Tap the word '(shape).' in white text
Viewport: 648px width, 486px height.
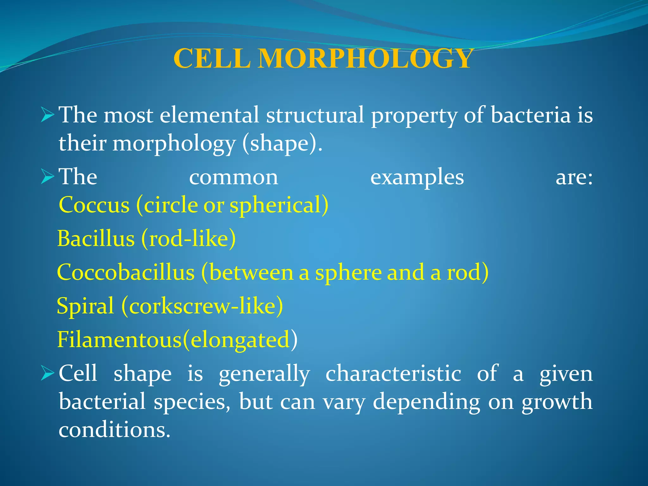(282, 144)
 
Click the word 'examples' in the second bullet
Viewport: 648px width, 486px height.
(417, 177)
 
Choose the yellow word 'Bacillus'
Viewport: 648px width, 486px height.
(96, 239)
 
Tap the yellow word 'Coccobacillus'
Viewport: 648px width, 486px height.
(126, 272)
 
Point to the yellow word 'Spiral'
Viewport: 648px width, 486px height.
(85, 306)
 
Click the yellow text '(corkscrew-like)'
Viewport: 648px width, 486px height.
(202, 306)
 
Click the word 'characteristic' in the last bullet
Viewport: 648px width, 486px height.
(393, 374)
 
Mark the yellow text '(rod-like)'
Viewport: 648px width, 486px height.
(189, 239)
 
